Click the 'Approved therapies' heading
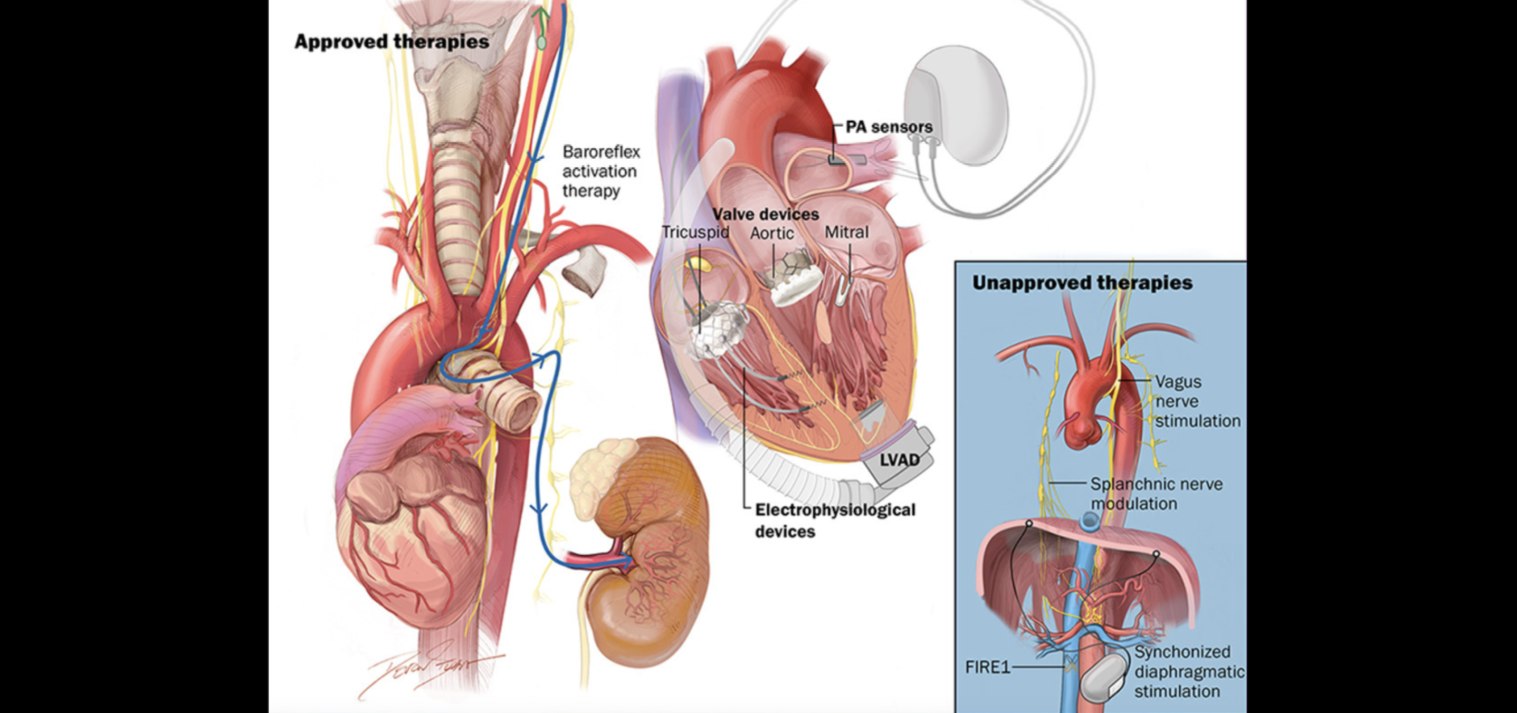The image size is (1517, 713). (392, 42)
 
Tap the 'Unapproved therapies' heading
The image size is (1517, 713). (1082, 283)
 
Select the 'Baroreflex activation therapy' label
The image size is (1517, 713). (600, 171)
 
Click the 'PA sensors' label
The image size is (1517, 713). (889, 127)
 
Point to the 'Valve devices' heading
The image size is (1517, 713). (766, 214)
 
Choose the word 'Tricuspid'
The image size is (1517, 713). (695, 232)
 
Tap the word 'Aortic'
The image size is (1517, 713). (771, 233)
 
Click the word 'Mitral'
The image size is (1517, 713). (846, 232)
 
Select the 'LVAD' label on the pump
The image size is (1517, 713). (899, 460)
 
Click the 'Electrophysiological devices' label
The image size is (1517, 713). (834, 520)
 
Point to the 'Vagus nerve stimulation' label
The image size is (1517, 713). (1197, 401)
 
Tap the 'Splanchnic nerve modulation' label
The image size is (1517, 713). (1156, 494)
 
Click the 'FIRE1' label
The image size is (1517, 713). (988, 667)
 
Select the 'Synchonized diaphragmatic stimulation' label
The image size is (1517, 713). (1188, 671)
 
